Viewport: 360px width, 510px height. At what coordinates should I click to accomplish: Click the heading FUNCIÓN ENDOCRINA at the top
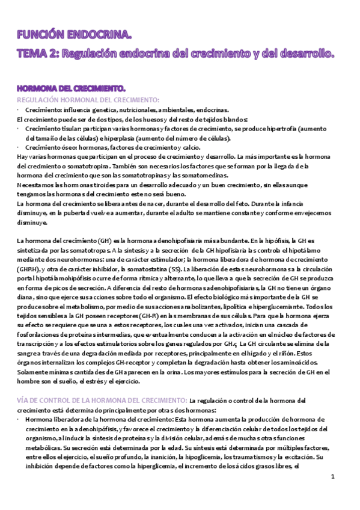(x=74, y=36)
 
